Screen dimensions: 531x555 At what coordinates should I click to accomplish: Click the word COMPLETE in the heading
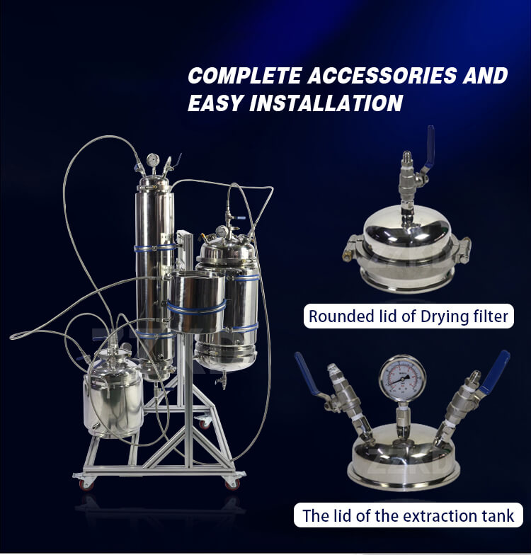pyautogui.click(x=245, y=75)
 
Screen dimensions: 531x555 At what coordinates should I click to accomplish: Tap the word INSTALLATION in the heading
pyautogui.click(x=326, y=103)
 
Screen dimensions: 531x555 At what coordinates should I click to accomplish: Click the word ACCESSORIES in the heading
pyautogui.click(x=382, y=75)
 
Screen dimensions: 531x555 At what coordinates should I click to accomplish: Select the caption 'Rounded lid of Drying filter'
pyautogui.click(x=409, y=316)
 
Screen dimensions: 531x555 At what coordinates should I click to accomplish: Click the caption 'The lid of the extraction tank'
pyautogui.click(x=408, y=515)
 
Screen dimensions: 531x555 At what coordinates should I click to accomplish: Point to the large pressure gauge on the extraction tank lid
pyautogui.click(x=402, y=378)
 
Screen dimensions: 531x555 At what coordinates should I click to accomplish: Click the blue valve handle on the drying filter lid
pyautogui.click(x=430, y=144)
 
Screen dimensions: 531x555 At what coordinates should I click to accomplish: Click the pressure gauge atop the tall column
pyautogui.click(x=153, y=160)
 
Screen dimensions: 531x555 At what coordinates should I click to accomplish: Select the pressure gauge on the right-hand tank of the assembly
pyautogui.click(x=222, y=231)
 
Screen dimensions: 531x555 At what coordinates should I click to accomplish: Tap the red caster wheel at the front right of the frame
pyautogui.click(x=232, y=484)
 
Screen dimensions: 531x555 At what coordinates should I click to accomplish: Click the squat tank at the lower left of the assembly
pyautogui.click(x=113, y=394)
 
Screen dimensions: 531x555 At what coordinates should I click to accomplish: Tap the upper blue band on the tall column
pyautogui.click(x=154, y=248)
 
